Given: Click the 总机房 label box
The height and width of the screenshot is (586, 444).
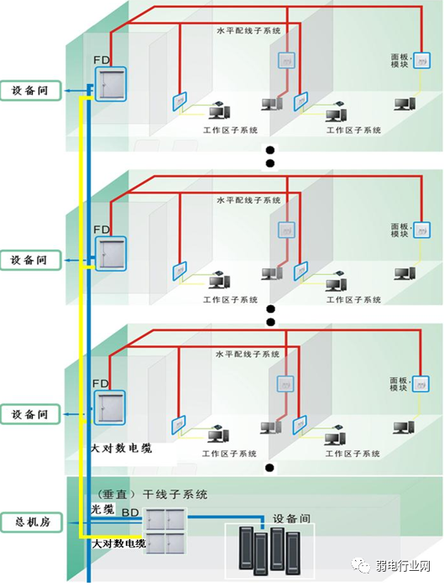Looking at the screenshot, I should pyautogui.click(x=31, y=521).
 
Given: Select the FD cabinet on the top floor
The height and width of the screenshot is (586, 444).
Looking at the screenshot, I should pyautogui.click(x=109, y=84).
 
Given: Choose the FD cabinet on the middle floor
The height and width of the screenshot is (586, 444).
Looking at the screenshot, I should pyautogui.click(x=109, y=253).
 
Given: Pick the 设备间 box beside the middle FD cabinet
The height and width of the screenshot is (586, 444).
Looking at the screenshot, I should pyautogui.click(x=31, y=260).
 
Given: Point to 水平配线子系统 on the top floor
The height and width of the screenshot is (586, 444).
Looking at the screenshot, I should pyautogui.click(x=248, y=31).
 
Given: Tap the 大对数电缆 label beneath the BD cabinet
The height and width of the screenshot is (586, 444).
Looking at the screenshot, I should pyautogui.click(x=118, y=545).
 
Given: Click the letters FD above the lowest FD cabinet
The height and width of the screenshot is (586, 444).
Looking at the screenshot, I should pyautogui.click(x=102, y=384).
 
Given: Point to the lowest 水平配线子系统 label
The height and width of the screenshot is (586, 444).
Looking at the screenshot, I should pyautogui.click(x=248, y=355).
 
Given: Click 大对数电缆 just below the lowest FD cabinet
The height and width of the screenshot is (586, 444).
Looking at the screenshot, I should pyautogui.click(x=122, y=449).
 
